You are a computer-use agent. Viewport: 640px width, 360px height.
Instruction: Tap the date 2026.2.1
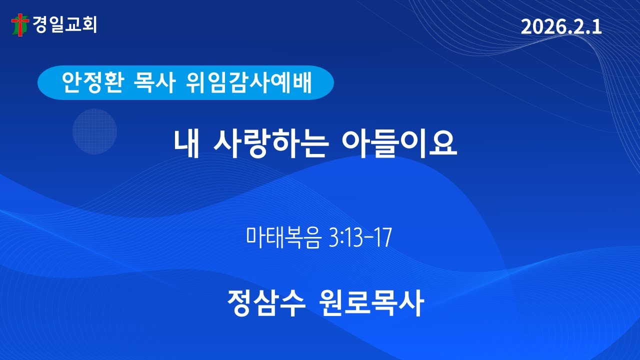click(561, 27)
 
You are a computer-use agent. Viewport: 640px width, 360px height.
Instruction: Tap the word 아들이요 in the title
click(398, 143)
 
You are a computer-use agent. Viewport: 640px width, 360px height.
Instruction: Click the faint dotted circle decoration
click(94, 131)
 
